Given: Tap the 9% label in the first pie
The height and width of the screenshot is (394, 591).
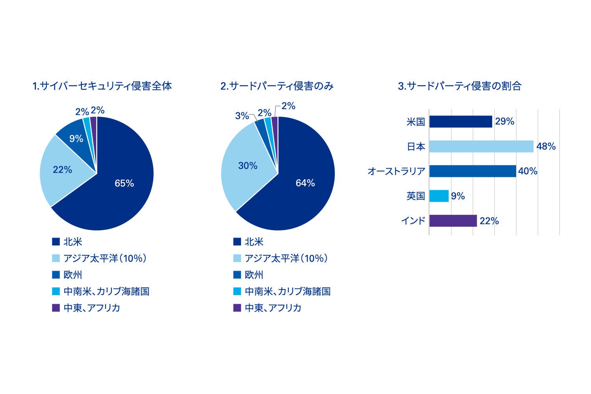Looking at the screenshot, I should (x=76, y=139).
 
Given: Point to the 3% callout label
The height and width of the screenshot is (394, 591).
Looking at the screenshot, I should (x=242, y=116).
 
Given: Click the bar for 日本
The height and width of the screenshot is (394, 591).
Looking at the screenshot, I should (x=481, y=147).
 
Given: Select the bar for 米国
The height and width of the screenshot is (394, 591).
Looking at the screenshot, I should (x=461, y=122).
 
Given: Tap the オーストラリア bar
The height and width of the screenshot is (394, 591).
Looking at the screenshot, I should (x=472, y=171).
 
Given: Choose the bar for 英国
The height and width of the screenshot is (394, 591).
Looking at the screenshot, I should (x=439, y=196).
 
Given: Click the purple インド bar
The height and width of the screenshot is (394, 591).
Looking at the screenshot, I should (x=453, y=221).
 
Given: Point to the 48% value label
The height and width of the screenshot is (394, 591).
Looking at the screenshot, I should (x=546, y=147).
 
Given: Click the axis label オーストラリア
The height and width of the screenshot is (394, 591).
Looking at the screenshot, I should (x=396, y=171).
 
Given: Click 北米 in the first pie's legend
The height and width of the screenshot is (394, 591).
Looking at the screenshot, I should (x=73, y=242).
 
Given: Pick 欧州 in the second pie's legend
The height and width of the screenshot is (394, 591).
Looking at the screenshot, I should (x=254, y=275).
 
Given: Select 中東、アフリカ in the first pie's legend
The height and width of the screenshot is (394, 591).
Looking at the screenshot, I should (x=92, y=308).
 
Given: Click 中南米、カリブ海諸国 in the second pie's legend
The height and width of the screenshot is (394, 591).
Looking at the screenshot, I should (x=288, y=292).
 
